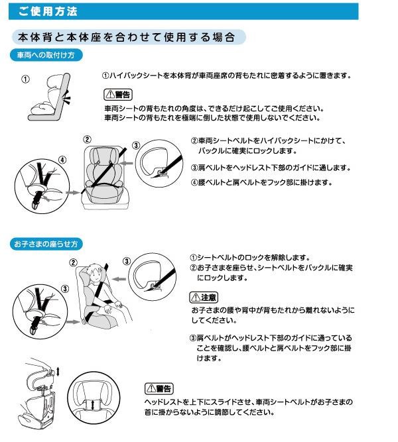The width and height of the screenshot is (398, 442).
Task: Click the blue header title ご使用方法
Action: (x=47, y=11)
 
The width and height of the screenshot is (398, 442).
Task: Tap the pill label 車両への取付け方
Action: (x=46, y=55)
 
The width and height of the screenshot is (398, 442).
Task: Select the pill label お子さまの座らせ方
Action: (x=46, y=244)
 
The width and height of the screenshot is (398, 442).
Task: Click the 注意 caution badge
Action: (x=204, y=298)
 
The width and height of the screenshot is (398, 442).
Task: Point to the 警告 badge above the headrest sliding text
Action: (x=159, y=389)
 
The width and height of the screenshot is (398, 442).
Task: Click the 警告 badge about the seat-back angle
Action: (x=118, y=95)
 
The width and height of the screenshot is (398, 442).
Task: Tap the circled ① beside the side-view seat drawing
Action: (x=25, y=80)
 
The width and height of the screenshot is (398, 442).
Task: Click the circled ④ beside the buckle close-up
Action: (x=62, y=160)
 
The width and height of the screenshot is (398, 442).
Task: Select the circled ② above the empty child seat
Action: (x=87, y=140)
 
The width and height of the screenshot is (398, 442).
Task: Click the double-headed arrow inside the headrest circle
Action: (x=93, y=405)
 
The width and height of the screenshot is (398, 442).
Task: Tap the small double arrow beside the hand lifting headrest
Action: (x=58, y=372)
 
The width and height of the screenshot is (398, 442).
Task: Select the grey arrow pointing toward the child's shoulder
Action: (x=119, y=279)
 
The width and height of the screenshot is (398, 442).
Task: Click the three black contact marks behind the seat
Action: (x=67, y=98)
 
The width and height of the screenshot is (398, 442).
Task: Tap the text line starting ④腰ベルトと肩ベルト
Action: (x=261, y=182)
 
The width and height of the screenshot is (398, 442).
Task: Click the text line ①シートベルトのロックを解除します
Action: (x=250, y=257)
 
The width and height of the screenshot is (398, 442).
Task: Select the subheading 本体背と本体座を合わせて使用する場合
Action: (x=126, y=37)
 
